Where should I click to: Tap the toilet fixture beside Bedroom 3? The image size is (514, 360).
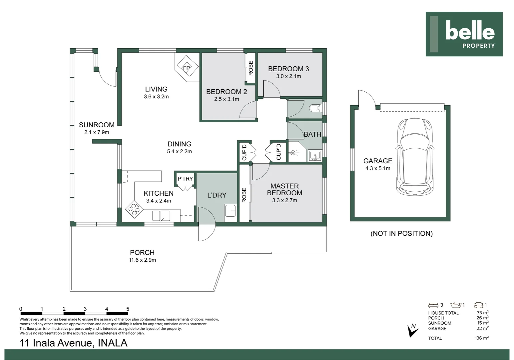(315, 108)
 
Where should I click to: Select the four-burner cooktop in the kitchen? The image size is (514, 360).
(134, 209)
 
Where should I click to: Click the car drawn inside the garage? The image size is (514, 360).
(415, 157)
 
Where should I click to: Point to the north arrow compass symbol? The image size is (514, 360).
(412, 331)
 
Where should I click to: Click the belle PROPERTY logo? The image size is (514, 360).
(464, 34)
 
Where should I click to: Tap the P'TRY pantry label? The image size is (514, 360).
(185, 179)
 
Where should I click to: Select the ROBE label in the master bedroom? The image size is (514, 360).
(244, 195)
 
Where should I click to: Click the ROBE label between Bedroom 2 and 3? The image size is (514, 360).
(251, 68)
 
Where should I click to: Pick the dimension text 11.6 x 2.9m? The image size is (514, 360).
(142, 260)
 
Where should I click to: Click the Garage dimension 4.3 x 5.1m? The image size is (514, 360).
(378, 168)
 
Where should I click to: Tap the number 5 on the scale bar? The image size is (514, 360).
(128, 309)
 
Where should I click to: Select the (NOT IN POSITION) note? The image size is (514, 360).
(401, 233)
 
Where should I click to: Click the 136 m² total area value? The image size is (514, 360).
(482, 338)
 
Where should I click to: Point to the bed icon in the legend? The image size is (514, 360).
(433, 305)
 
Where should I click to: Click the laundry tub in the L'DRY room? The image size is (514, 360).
(231, 211)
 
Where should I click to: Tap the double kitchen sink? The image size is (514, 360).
(161, 216)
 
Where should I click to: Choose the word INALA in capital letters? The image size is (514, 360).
(113, 343)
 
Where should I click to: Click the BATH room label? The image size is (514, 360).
(312, 134)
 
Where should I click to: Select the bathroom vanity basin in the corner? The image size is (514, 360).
(315, 156)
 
